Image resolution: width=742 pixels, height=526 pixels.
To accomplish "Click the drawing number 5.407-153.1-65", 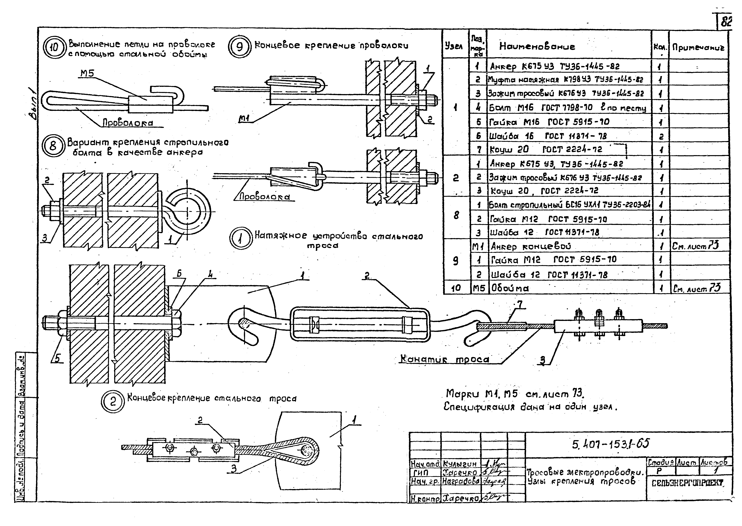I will pos(611,443).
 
